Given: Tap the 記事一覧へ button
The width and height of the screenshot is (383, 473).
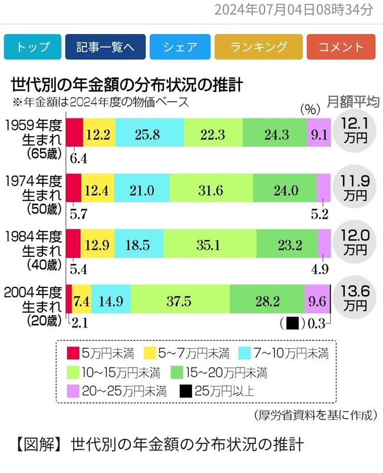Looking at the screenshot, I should pyautogui.click(x=104, y=48).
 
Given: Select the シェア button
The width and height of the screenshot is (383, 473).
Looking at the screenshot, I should pyautogui.click(x=180, y=48).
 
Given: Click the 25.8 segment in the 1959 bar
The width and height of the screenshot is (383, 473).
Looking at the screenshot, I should pyautogui.click(x=150, y=134).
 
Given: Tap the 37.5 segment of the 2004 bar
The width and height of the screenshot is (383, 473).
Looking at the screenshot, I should pyautogui.click(x=180, y=300).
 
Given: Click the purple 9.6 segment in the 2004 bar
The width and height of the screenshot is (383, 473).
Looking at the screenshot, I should pyautogui.click(x=317, y=300).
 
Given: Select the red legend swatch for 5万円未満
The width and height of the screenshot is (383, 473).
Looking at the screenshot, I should pyautogui.click(x=73, y=353).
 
